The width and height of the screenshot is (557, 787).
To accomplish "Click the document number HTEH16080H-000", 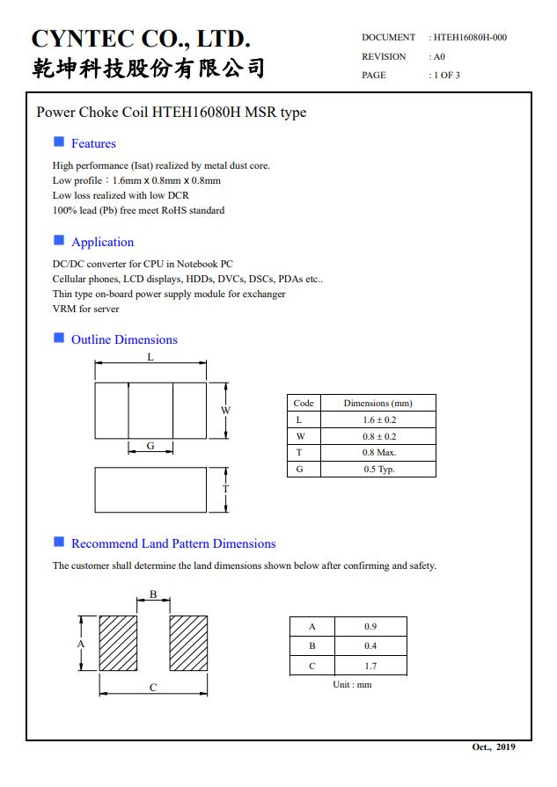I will [470, 38].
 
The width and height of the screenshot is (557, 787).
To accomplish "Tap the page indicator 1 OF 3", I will [445, 75].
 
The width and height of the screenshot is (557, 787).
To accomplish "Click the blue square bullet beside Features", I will [59, 142].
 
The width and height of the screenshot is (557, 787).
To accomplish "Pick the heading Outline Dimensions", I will [124, 339].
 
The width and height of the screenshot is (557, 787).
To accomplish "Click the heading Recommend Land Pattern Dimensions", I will [173, 543].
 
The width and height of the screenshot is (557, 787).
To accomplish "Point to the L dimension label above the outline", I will [150, 357].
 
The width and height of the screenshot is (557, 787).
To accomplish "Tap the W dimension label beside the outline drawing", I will [225, 411].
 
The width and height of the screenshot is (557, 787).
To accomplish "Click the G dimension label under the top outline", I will [150, 447].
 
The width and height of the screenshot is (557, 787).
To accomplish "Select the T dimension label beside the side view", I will [225, 489].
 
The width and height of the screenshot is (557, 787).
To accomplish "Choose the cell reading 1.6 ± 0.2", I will [379, 419].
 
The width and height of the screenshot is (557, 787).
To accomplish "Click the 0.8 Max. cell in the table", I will [379, 452].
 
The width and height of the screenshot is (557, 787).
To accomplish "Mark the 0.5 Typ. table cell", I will [379, 469].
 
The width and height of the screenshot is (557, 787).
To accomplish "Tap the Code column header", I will [304, 403].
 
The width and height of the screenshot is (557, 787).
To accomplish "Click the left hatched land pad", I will [118, 643].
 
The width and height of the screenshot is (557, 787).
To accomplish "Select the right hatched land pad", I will [188, 643].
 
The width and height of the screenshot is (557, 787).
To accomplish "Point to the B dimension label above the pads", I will [153, 594].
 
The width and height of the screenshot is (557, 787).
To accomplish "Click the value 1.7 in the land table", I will [370, 667].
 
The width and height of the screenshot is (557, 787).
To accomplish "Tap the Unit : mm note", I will [352, 685].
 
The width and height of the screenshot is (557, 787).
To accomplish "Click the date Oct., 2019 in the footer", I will [494, 747].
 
